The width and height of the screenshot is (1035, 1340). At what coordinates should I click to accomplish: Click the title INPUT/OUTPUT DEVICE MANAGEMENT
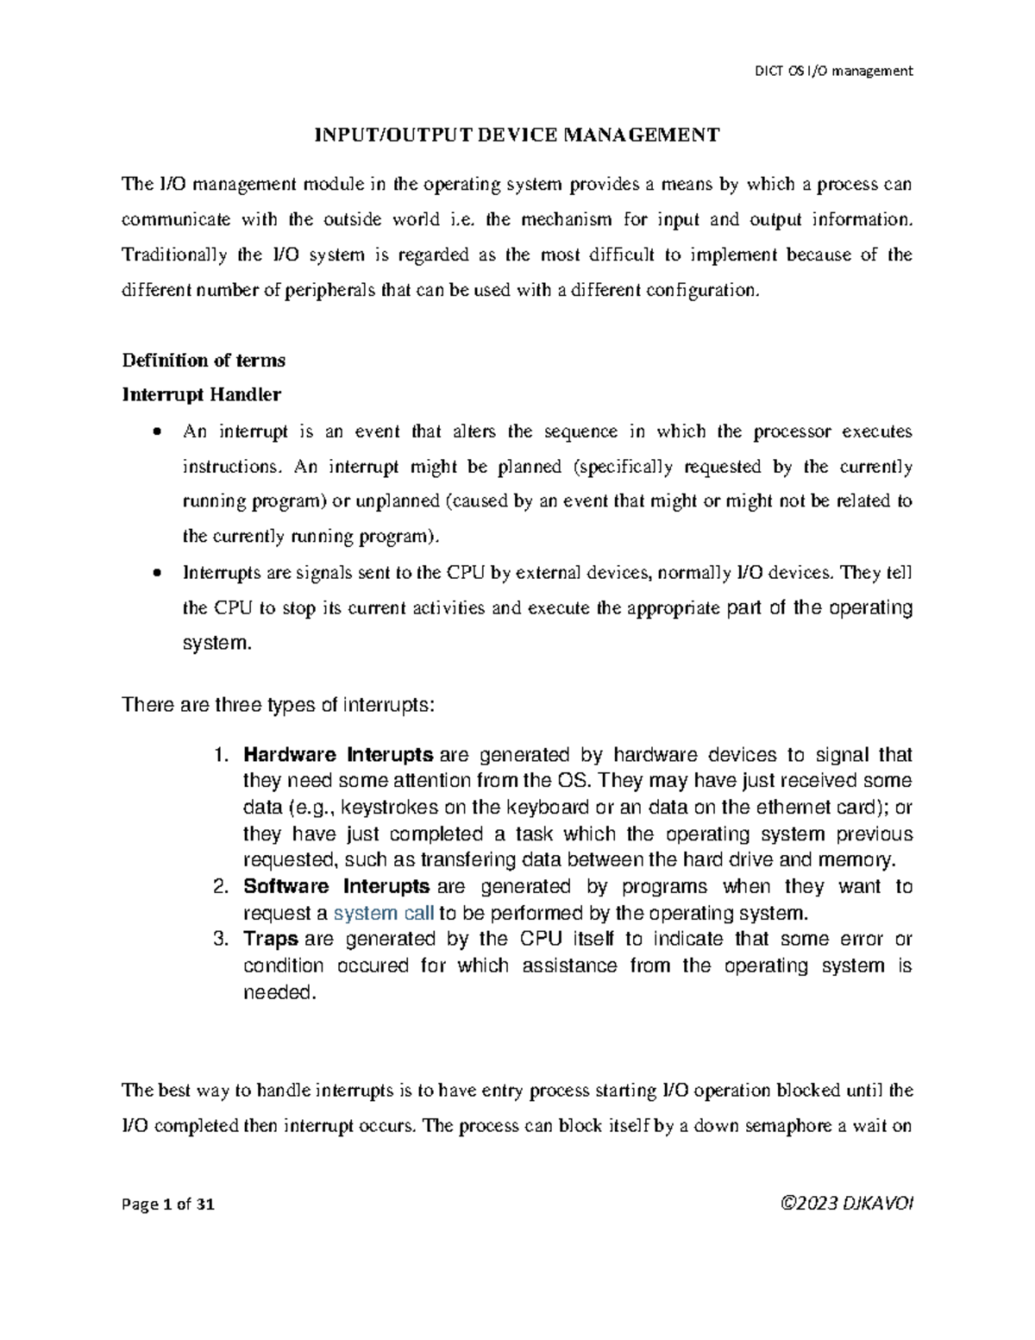pos(516,135)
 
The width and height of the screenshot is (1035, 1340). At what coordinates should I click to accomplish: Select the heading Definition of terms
pos(204,360)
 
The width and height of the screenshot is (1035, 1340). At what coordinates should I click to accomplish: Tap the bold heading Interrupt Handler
pos(202,395)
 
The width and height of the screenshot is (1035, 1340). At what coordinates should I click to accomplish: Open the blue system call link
pos(383,913)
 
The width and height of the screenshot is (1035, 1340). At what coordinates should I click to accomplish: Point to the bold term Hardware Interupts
pos(338,755)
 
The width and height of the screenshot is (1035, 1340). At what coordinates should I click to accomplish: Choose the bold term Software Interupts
pos(336,886)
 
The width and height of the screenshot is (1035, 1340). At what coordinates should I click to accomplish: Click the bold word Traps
pos(271,939)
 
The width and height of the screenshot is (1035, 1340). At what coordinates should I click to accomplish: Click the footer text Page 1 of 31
pos(168,1205)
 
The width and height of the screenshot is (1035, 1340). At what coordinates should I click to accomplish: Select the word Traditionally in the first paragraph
pos(175,255)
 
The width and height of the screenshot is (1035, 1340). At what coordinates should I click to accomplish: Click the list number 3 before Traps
pos(219,939)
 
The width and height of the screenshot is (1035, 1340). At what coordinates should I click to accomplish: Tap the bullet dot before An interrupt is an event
pos(156,431)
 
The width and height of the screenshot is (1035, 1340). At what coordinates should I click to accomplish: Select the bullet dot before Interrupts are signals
pos(156,573)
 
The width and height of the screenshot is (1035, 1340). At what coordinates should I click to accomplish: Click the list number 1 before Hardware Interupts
pos(219,755)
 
